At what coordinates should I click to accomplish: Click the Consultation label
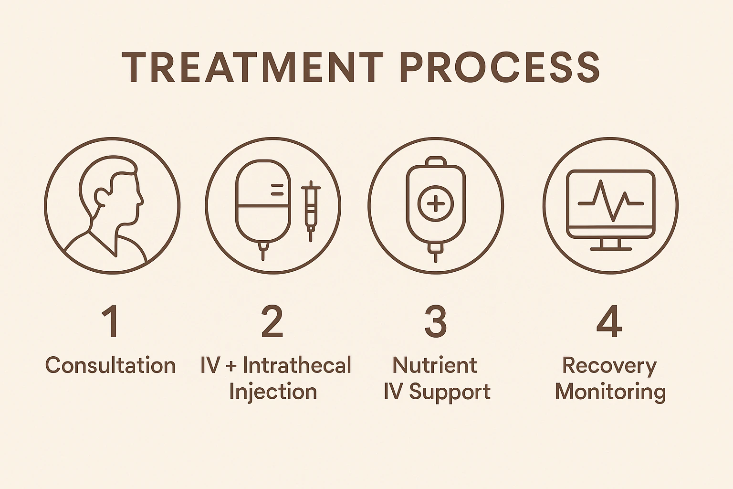click(111, 366)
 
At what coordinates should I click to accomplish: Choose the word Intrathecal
click(297, 366)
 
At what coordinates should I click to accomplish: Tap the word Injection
click(273, 392)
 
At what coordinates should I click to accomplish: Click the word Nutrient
click(435, 366)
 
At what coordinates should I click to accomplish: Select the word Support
click(450, 393)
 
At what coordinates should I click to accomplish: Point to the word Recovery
click(609, 366)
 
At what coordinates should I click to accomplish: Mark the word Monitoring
click(610, 393)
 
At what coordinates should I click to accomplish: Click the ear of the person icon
click(102, 197)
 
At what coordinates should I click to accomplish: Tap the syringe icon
click(311, 210)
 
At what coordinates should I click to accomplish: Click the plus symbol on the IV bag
click(435, 204)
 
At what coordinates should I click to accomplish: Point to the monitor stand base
click(610, 248)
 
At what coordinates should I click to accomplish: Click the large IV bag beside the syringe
click(263, 205)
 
